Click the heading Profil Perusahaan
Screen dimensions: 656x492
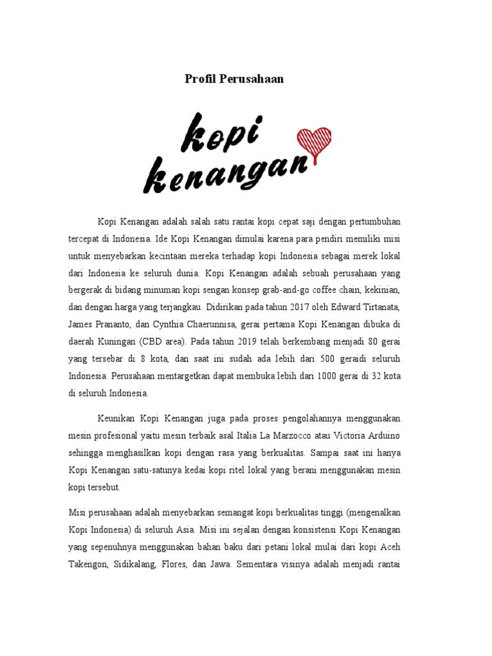point(234,79)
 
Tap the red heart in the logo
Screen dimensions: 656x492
point(313,142)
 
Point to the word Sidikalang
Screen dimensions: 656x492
point(129,565)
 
